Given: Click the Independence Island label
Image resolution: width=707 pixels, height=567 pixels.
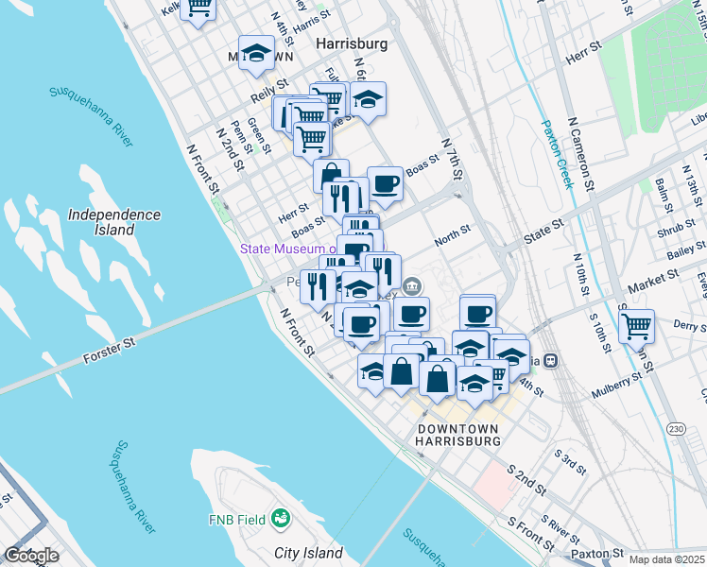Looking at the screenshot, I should pyautogui.click(x=114, y=222).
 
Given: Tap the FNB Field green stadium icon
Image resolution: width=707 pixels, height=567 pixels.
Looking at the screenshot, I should pyautogui.click(x=280, y=519).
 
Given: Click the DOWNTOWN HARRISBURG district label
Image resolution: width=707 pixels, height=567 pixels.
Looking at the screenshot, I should pyautogui.click(x=458, y=435).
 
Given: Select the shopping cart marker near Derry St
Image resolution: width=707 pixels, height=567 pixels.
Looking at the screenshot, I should pyautogui.click(x=637, y=326).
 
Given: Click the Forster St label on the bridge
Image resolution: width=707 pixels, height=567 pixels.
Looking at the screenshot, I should pyautogui.click(x=111, y=356).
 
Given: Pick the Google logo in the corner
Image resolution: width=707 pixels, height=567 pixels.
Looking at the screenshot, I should pyautogui.click(x=31, y=556).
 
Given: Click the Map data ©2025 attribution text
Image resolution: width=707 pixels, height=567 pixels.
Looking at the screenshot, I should pyautogui.click(x=666, y=559).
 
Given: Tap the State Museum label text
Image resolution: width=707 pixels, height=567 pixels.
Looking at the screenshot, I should pyautogui.click(x=288, y=249).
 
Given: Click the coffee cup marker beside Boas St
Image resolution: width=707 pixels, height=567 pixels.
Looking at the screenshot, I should pyautogui.click(x=385, y=183).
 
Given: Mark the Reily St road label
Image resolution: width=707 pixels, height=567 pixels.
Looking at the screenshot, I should pyautogui.click(x=267, y=96).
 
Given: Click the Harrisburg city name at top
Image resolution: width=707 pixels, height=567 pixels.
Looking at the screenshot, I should pyautogui.click(x=353, y=43).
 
